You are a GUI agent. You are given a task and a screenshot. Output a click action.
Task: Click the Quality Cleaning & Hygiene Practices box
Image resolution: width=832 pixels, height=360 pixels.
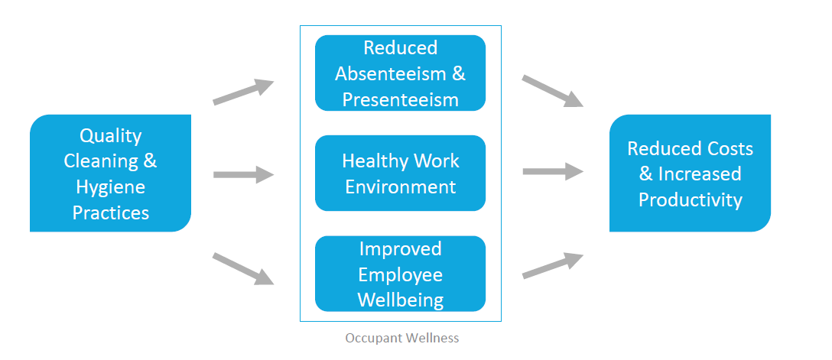[x=110, y=174]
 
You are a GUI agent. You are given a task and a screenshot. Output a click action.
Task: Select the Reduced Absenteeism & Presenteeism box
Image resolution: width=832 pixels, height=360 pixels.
[x=400, y=73]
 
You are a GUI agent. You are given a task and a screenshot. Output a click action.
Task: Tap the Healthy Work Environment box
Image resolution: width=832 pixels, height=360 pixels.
[x=400, y=174]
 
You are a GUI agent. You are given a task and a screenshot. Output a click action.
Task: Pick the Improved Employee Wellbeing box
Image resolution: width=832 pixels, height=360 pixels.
[x=400, y=274]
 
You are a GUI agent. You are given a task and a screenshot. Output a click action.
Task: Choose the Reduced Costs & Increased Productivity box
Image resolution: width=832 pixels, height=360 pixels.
[x=690, y=174]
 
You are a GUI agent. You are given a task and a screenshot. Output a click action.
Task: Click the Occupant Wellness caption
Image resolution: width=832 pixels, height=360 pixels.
[x=401, y=338]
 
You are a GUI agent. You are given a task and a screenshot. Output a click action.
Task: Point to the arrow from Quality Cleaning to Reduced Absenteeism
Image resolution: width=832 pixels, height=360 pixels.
[x=243, y=92]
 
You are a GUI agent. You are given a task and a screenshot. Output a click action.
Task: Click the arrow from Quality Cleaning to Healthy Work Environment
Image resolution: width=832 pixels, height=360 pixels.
[x=243, y=174]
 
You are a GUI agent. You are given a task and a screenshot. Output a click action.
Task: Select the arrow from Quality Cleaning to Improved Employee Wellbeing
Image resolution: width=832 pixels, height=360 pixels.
[x=243, y=269]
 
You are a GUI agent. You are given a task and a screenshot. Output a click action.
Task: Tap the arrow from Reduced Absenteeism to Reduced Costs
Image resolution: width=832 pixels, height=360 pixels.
[x=553, y=91]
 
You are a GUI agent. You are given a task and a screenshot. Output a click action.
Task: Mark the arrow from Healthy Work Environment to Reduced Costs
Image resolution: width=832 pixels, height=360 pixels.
[x=553, y=171]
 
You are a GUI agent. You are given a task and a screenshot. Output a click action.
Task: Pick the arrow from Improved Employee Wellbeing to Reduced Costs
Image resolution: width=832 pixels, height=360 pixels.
[x=553, y=266]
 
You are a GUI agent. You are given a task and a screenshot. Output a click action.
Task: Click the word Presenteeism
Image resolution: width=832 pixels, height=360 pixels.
[x=400, y=99]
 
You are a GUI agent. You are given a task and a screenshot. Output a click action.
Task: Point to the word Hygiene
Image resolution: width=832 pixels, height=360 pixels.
[x=110, y=186]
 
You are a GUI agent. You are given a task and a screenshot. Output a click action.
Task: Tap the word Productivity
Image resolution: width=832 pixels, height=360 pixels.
[x=690, y=200]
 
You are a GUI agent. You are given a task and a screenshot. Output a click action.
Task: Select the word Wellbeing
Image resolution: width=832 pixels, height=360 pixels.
[x=400, y=300]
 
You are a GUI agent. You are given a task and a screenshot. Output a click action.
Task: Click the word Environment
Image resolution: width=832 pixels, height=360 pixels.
[x=400, y=186]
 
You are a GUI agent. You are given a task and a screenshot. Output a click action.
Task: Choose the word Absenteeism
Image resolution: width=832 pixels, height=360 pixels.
[x=390, y=73]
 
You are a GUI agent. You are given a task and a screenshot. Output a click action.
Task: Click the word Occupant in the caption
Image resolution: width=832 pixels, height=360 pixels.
[x=370, y=339]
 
